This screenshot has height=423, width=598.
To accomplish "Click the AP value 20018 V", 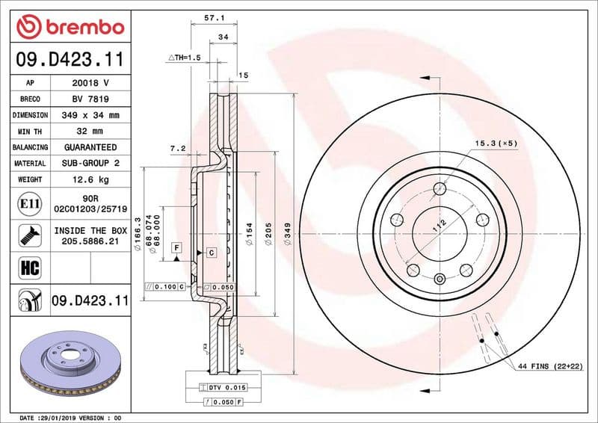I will pos(90,83).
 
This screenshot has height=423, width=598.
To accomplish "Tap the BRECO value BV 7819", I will pos(90,99).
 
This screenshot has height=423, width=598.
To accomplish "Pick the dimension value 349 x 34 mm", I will pos(90,116).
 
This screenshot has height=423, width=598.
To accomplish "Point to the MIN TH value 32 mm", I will pos(90,132).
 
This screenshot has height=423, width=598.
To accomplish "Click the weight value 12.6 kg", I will pos(90,180).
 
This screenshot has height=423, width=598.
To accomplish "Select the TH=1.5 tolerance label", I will pos(185,57).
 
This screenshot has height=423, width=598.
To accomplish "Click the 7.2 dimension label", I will pos(176,148).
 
